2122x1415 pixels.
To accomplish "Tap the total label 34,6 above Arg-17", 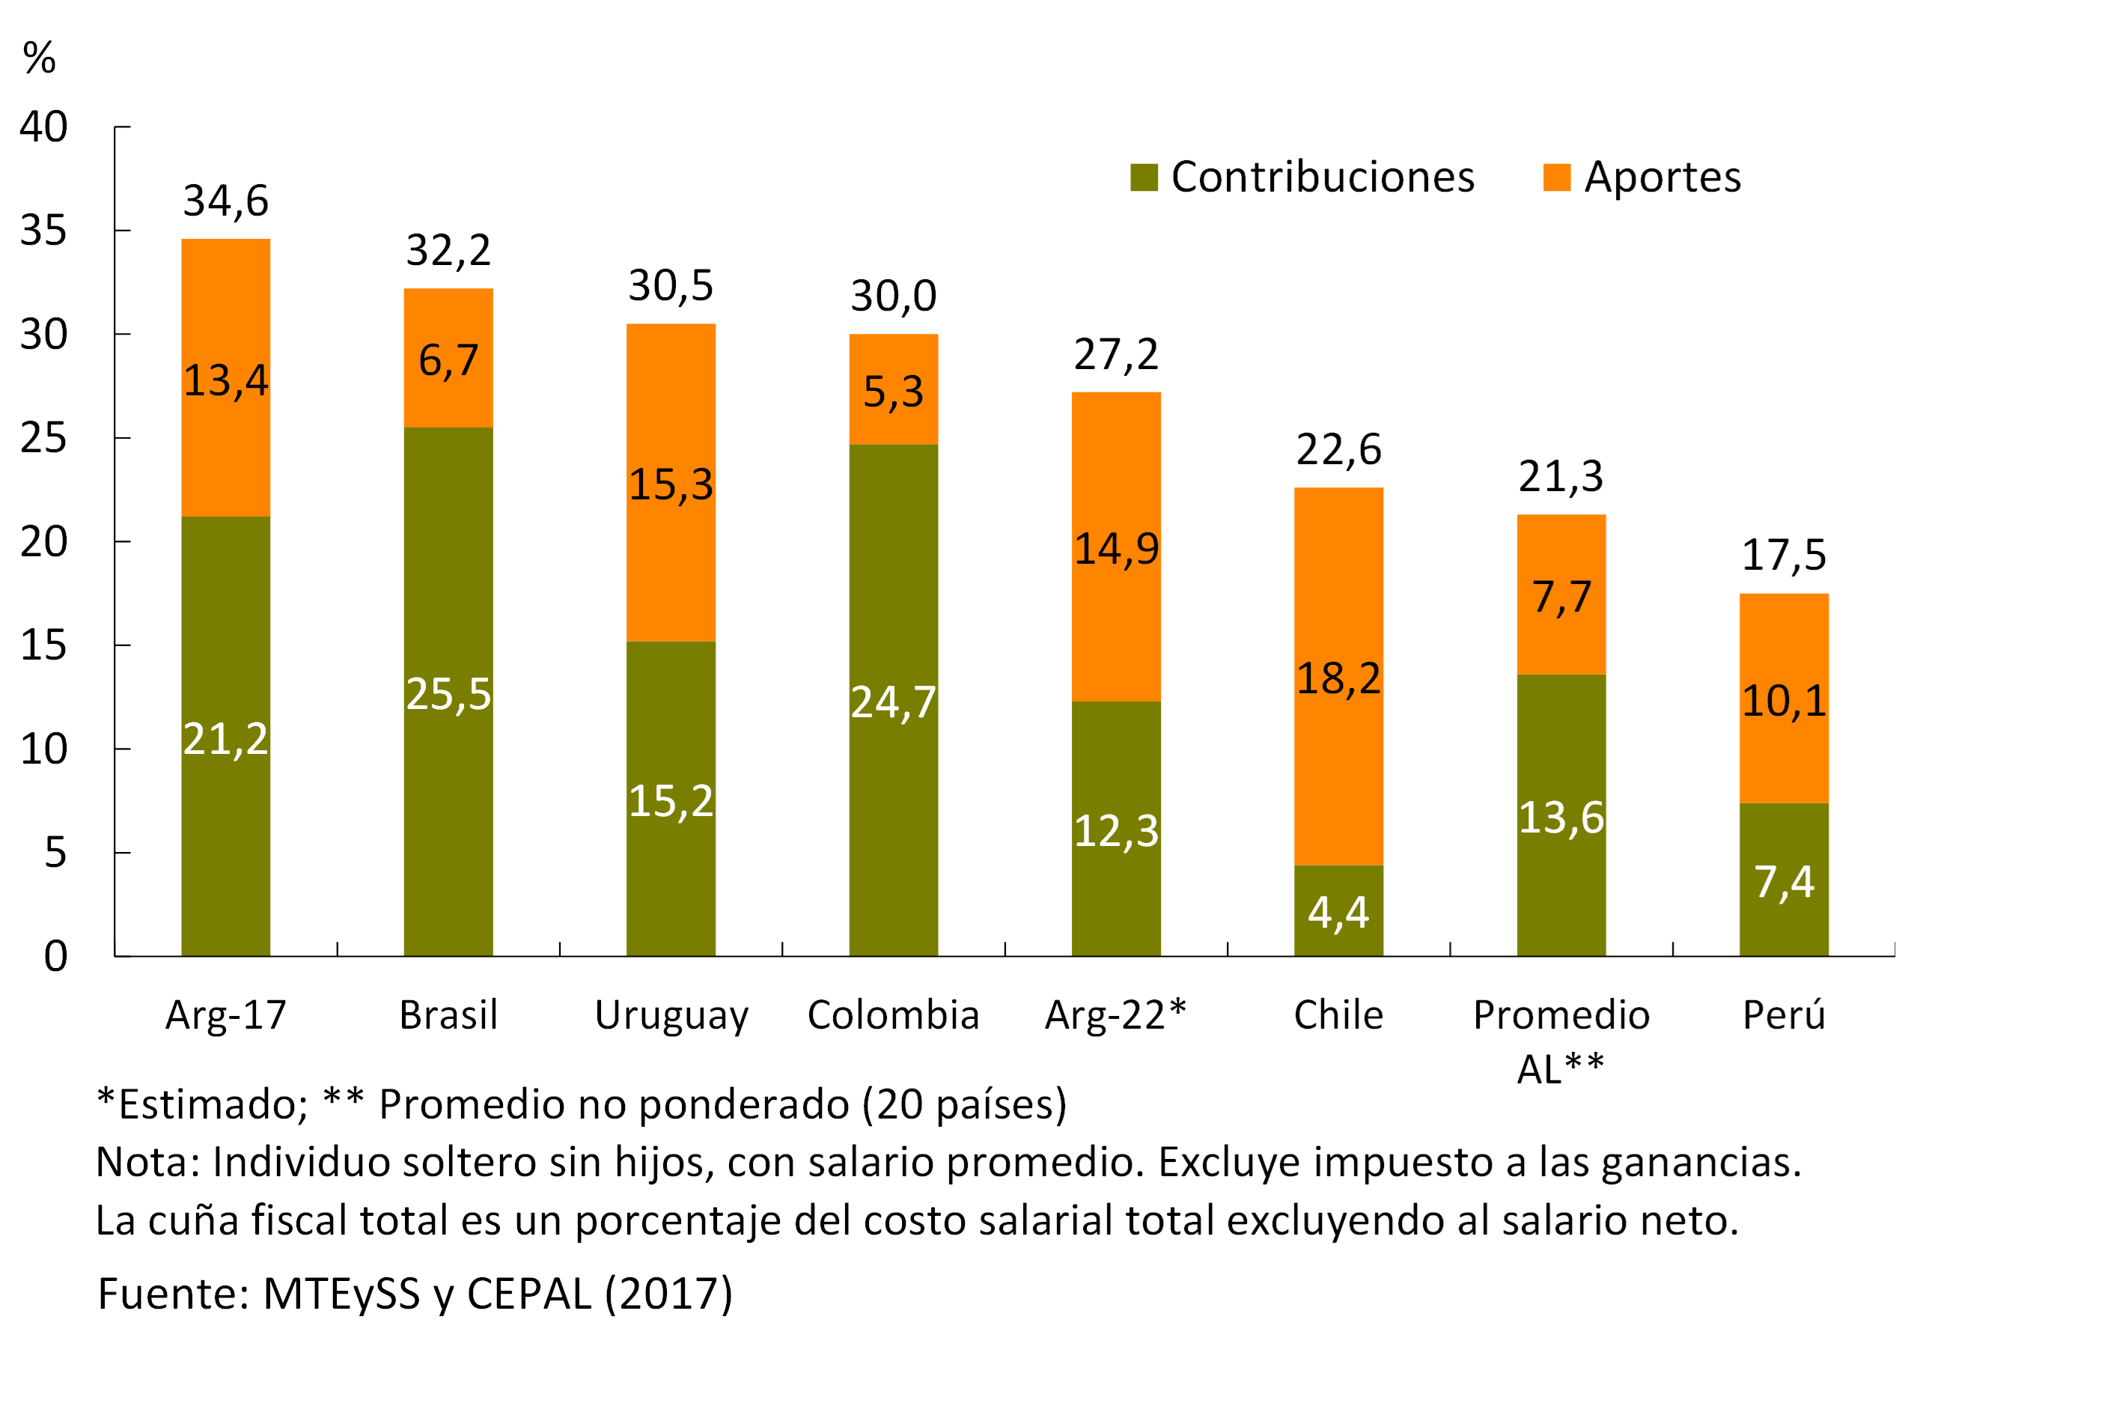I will (225, 201).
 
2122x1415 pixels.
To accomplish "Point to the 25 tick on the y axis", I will (43, 439).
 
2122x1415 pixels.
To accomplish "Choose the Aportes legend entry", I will (1642, 177).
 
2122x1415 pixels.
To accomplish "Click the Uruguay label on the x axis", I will (671, 1015).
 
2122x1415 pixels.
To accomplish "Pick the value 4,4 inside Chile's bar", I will (1338, 913).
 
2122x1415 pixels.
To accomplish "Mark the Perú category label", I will (1784, 1015).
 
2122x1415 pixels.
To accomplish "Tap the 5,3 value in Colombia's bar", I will (893, 392).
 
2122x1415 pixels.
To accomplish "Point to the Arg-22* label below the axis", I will (1115, 1015).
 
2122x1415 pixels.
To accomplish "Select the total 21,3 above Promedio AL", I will (1561, 476).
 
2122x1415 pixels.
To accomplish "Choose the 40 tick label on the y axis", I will (43, 127).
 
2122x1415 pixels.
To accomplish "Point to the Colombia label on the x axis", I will (893, 1015).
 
